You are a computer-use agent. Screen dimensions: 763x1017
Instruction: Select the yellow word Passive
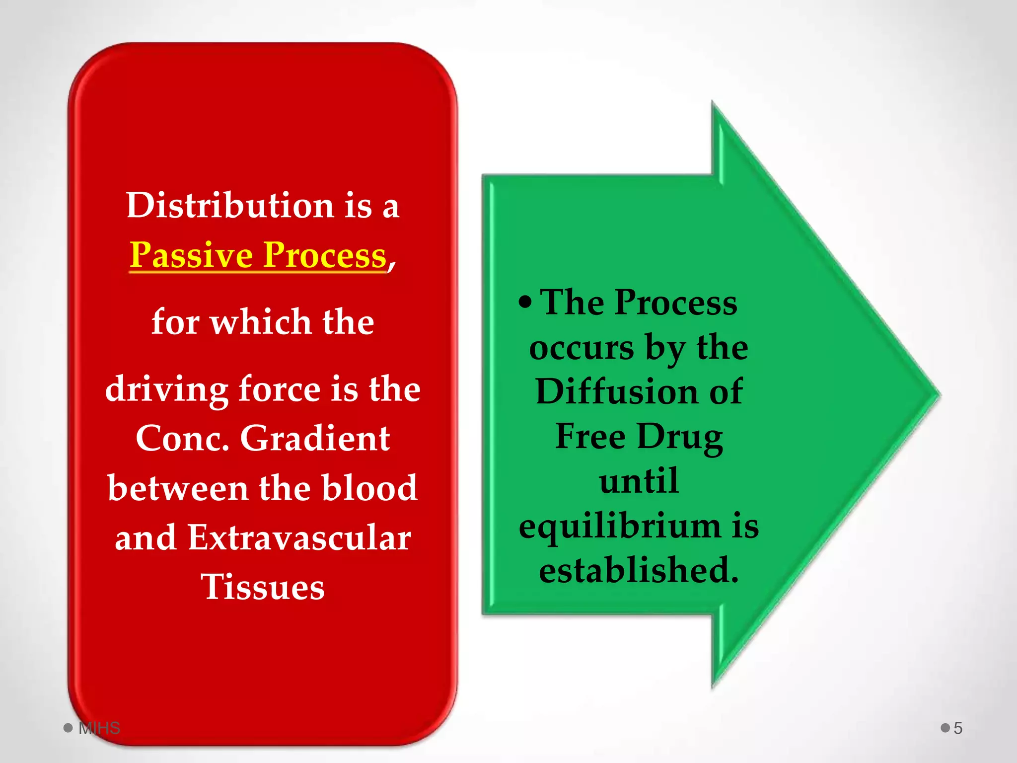(x=192, y=255)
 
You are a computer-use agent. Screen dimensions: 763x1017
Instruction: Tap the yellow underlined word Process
(x=325, y=255)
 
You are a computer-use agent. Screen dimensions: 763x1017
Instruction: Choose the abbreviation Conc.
(x=182, y=439)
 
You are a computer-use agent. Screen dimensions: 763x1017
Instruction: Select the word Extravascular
(x=299, y=537)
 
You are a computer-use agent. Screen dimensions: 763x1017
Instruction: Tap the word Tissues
(x=263, y=587)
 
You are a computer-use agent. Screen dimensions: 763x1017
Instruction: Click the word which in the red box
(x=261, y=322)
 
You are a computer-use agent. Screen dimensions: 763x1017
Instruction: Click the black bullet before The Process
(x=525, y=302)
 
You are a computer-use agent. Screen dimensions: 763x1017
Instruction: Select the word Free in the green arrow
(x=590, y=436)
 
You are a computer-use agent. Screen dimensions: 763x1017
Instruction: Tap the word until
(x=639, y=481)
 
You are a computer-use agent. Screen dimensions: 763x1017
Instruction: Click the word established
(x=639, y=570)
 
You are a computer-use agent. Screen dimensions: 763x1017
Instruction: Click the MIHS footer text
(x=99, y=728)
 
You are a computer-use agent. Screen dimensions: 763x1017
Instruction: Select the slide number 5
(x=958, y=728)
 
